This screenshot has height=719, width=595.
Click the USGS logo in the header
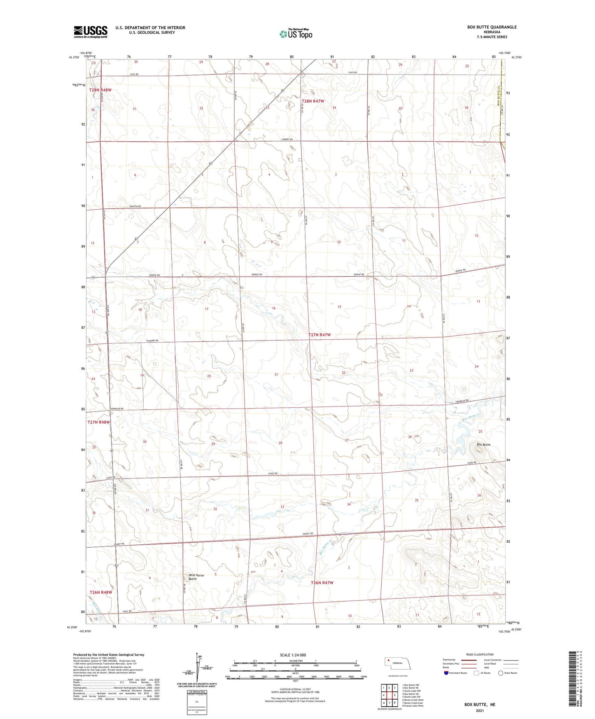point(90,31)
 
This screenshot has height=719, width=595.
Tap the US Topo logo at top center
point(295,34)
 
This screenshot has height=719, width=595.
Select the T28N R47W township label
point(313,101)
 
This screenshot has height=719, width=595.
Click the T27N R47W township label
point(319,335)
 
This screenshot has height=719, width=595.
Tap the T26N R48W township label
point(101,592)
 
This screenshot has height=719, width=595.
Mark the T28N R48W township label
point(100,90)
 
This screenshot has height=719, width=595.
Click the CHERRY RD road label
point(287,140)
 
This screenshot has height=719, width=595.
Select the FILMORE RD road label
point(151,341)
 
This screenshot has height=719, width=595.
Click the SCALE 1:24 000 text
point(293,655)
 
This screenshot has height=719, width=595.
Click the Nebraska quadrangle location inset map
point(398,665)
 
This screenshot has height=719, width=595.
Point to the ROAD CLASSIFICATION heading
point(480,654)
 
